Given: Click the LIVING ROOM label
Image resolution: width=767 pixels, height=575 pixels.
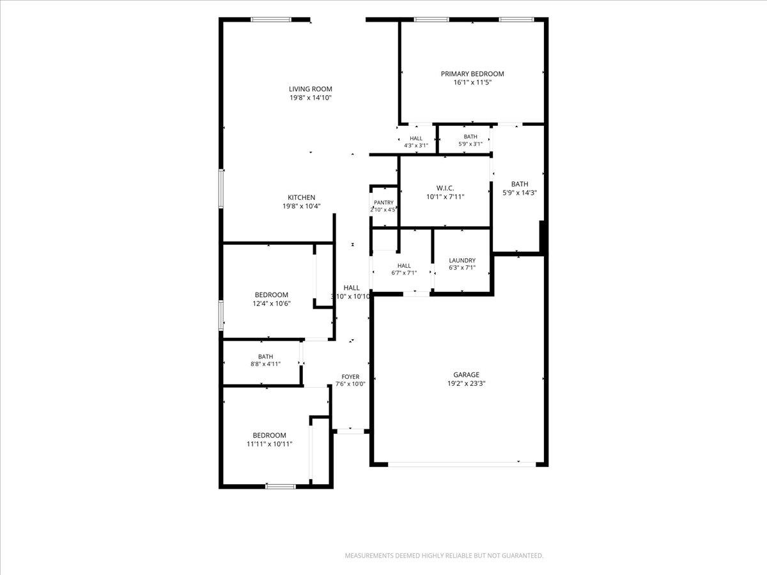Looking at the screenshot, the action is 310,89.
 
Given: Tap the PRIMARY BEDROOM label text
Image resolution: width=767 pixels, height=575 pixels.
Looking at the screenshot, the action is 472,74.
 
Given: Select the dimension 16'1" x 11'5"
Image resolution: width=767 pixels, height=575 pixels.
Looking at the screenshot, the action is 472,83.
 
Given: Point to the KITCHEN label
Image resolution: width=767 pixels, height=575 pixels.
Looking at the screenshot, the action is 301,197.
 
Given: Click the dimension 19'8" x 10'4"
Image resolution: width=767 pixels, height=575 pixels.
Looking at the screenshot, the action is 302,206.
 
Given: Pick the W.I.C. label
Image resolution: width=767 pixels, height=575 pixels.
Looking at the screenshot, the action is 445,188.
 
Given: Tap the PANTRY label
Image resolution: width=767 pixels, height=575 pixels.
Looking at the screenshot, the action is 383,203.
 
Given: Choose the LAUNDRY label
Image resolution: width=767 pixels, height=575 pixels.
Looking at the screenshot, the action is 462,261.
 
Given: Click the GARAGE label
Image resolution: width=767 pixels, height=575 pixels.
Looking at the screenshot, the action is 466,375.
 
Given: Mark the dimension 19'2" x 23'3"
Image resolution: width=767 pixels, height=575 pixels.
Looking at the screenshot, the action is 467,384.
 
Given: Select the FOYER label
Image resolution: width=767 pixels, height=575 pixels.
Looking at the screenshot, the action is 350,377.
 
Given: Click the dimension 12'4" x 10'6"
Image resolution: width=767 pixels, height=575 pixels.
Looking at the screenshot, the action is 272,303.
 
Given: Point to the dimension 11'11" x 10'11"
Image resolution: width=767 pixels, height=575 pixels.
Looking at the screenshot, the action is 270,444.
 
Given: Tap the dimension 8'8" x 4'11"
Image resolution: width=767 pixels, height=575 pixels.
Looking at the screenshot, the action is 265,364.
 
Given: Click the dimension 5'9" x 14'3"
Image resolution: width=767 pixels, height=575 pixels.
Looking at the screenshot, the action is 520,193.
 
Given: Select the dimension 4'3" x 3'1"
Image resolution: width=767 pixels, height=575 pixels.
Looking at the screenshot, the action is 416,146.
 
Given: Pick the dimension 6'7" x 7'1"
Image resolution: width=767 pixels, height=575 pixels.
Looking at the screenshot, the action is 404,273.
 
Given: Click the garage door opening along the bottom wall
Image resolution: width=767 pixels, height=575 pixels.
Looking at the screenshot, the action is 461,464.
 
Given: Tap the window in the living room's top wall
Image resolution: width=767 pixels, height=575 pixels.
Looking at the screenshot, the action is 271,20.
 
